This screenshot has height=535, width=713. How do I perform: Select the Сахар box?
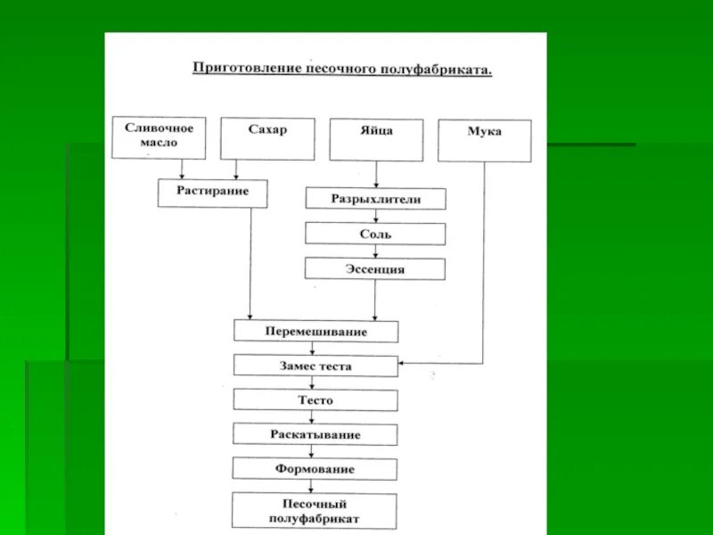pyautogui.click(x=267, y=138)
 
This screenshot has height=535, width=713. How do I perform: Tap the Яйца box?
pyautogui.click(x=375, y=139)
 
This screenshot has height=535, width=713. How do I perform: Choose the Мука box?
pyautogui.click(x=484, y=141)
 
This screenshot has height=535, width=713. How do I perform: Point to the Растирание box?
pyautogui.click(x=212, y=193)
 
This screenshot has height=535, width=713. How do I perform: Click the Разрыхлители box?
pyautogui.click(x=375, y=199)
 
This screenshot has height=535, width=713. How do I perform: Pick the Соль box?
pyautogui.click(x=375, y=235)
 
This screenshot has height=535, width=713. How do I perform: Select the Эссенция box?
pyautogui.click(x=375, y=268)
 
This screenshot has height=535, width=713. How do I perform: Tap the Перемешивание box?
pyautogui.click(x=316, y=332)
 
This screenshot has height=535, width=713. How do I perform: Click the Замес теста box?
pyautogui.click(x=316, y=366)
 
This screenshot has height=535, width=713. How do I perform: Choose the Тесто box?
pyautogui.click(x=316, y=399)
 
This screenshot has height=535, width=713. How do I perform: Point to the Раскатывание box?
pyautogui.click(x=316, y=434)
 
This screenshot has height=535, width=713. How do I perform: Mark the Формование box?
pyautogui.click(x=316, y=468)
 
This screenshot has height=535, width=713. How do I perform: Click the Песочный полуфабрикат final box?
pyautogui.click(x=316, y=510)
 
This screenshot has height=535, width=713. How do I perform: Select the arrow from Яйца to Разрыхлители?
pyautogui.click(x=375, y=174)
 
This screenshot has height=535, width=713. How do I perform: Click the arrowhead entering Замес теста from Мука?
pyautogui.click(x=403, y=363)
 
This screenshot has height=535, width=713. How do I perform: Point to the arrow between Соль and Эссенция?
pyautogui.click(x=375, y=251)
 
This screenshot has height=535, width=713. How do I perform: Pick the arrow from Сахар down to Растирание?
pyautogui.click(x=236, y=169)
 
